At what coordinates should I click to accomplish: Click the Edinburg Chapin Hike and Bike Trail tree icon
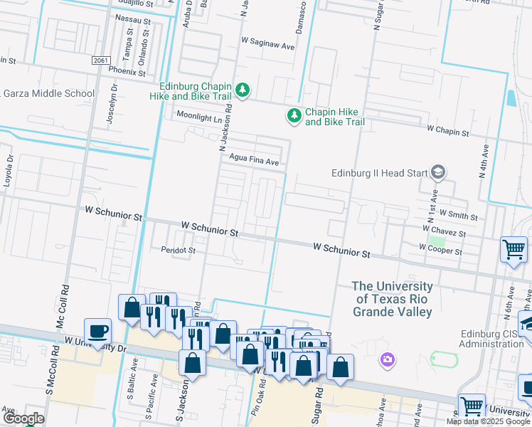pyautogui.click(x=243, y=90)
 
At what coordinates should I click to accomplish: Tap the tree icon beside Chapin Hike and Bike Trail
pyautogui.click(x=294, y=115)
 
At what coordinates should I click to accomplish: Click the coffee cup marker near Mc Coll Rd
pyautogui.click(x=98, y=331)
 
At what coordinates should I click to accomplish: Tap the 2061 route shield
pyautogui.click(x=100, y=61)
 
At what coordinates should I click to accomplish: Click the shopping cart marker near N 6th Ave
pyautogui.click(x=514, y=250)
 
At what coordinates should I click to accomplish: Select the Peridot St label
pyautogui.click(x=178, y=251)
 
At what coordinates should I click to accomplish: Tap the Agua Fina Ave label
pyautogui.click(x=253, y=162)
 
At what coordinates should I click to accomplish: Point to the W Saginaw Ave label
pyautogui.click(x=267, y=46)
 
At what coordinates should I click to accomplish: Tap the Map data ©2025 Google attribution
pyautogui.click(x=487, y=421)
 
